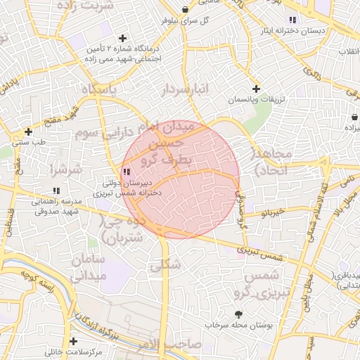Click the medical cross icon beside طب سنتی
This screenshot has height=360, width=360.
[x=28, y=131]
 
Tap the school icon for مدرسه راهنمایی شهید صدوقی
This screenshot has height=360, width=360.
[x=56, y=191]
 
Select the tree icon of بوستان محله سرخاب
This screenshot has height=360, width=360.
[x=238, y=314]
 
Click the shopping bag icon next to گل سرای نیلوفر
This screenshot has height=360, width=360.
[x=185, y=9]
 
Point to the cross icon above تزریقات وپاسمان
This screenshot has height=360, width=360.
[x=256, y=89]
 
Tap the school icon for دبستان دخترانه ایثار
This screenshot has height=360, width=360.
[x=292, y=19]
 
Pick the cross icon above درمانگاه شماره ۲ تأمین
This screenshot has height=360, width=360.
[x=123, y=38]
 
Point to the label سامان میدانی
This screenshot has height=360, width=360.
[x=88, y=268]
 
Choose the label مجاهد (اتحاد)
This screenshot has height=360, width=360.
[x=271, y=162]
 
